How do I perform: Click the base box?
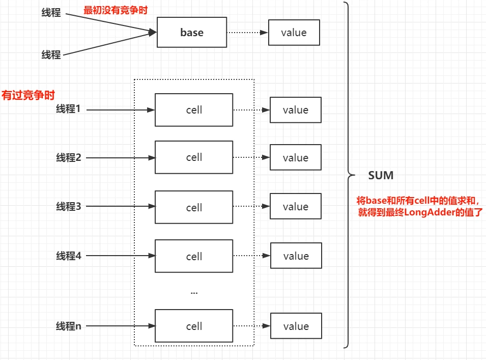(192, 32)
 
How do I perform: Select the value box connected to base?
(294, 33)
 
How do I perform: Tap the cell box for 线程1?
(194, 110)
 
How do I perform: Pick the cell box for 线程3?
(194, 207)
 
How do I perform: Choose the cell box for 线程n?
(194, 326)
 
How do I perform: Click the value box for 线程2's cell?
(295, 157)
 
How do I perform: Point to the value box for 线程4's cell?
(296, 256)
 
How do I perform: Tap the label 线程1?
(68, 109)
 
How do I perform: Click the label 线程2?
(69, 157)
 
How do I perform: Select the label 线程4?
(69, 256)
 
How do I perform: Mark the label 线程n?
(69, 326)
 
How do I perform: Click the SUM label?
(381, 176)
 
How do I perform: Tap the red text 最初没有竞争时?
(116, 10)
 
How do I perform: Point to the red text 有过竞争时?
(28, 95)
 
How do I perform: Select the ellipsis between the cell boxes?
(194, 293)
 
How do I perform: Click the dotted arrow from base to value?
(247, 33)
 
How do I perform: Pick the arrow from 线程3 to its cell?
(121, 206)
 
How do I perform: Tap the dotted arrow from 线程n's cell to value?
(252, 326)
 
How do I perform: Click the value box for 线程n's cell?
(296, 326)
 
